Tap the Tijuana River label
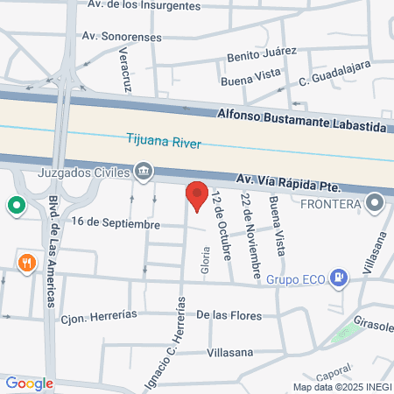(x=165, y=143)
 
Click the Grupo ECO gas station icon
(x=341, y=279)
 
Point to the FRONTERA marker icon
(x=376, y=204)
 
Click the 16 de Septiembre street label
(x=116, y=224)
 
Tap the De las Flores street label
(x=228, y=313)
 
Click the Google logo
(x=29, y=383)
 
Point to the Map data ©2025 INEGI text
(x=341, y=387)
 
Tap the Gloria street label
(x=207, y=260)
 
